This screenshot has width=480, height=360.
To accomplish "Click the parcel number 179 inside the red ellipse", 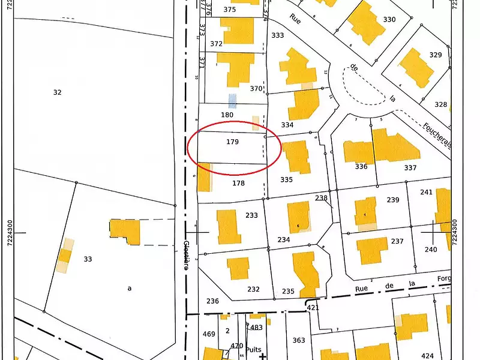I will coord(233,142).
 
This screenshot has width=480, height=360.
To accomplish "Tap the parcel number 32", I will coord(57,92).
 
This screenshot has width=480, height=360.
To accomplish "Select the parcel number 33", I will coord(88,259).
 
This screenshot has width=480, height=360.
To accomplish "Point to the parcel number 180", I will coord(227,115).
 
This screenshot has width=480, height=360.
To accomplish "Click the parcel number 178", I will coord(238,183).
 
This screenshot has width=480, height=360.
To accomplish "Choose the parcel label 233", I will coord(251,215).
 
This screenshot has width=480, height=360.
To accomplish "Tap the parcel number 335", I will coord(286,179).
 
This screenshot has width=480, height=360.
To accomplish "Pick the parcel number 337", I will coord(410,168).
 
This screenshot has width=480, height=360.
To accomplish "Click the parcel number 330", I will coord(389,19).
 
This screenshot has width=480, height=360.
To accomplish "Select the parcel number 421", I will coord(313,308).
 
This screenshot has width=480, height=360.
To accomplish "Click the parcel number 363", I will coord(298,341).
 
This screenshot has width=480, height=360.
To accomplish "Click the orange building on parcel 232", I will coord(238,268).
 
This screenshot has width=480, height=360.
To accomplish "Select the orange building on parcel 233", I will coord(229,226).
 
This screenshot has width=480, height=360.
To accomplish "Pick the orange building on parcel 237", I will coord(372,250).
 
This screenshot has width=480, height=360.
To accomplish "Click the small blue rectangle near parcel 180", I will coord(232,100).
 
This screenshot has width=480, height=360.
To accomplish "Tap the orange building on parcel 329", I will coord(416,67).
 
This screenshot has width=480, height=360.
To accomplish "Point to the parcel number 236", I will coord(212,301).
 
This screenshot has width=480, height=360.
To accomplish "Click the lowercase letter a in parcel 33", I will coord(129,289).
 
